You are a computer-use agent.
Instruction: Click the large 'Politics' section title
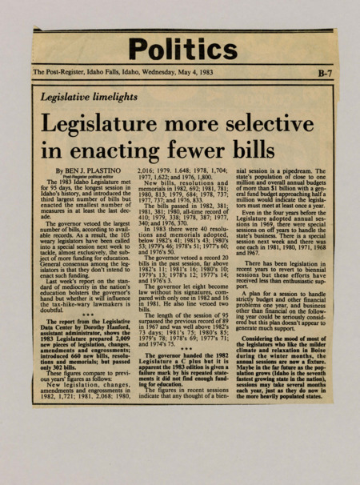coord(182,50)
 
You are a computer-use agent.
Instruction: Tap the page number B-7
coord(323,74)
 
